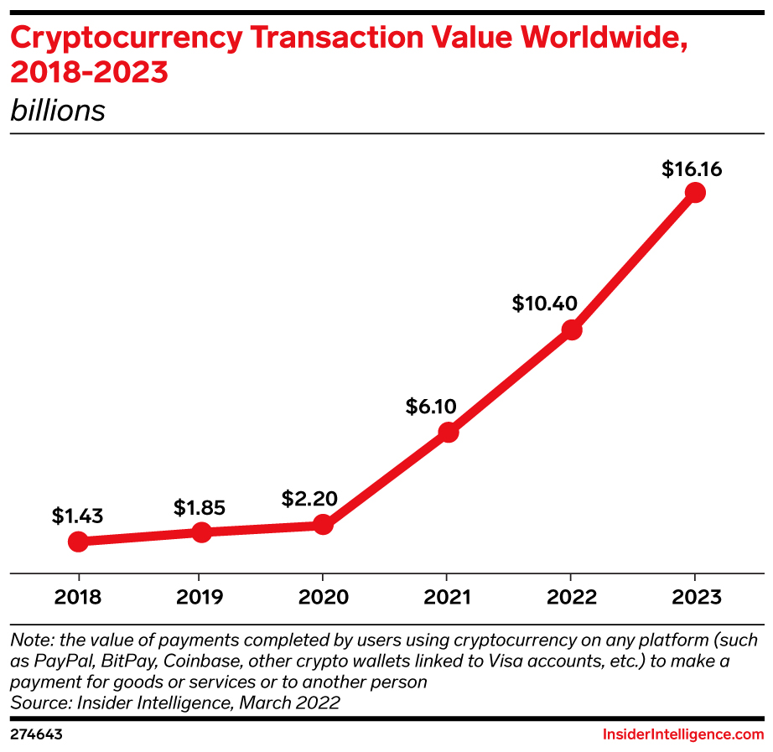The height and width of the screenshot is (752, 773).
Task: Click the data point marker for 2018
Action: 77,542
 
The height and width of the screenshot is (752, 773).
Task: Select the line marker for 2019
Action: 201,532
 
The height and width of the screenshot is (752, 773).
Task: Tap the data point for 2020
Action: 323,525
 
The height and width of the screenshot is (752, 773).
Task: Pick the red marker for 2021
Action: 449,433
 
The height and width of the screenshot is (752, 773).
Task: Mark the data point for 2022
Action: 572,329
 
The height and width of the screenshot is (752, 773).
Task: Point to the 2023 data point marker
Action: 694,193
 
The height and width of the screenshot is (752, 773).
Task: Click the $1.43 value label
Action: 77,516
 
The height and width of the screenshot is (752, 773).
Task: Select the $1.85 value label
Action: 200,507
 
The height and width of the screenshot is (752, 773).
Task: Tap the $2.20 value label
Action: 309,500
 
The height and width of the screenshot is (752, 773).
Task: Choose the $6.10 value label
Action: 431,407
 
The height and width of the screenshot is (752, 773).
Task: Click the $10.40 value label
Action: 544,303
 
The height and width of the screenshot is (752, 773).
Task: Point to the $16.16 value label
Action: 692,169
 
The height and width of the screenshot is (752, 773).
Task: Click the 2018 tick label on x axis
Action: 78,597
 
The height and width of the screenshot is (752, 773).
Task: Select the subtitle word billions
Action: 58,111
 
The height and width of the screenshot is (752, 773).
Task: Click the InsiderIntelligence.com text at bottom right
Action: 683,734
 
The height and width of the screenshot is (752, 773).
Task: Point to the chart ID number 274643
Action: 37,734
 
